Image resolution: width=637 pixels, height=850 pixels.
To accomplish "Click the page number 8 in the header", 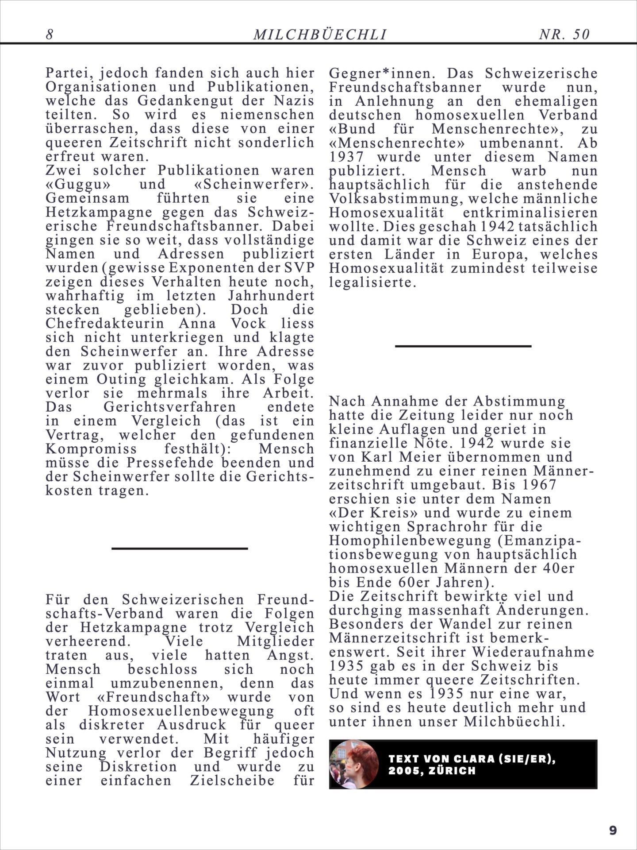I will click(x=50, y=35).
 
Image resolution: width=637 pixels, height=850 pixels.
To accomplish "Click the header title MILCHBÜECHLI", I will click(x=320, y=35).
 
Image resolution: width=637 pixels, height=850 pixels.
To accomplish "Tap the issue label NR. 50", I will click(x=564, y=35).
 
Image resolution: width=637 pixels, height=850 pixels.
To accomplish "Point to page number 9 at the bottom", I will click(x=613, y=830).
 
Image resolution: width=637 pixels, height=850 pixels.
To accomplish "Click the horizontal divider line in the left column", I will click(x=179, y=549).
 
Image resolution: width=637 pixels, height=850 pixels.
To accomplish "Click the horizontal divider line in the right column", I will click(x=463, y=346).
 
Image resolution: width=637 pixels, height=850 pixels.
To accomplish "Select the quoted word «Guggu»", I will click(x=71, y=184).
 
